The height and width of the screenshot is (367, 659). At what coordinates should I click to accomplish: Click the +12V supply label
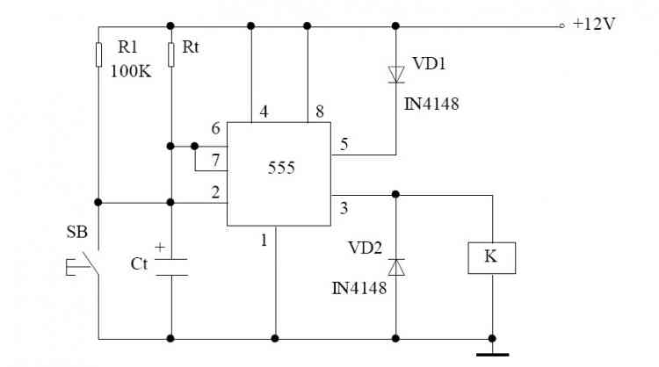tap(594, 24)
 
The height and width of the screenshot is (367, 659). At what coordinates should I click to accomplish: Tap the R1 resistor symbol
tap(98, 54)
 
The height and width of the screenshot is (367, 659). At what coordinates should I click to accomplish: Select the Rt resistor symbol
tap(171, 54)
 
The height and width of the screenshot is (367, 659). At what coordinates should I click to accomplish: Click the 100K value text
tap(131, 71)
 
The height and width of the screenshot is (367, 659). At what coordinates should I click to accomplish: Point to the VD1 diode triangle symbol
tap(396, 75)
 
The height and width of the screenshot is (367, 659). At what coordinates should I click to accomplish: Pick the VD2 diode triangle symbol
tap(396, 267)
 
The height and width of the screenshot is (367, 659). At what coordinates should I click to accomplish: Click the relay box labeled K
tap(492, 258)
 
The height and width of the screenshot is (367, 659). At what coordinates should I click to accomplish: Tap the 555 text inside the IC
tap(281, 168)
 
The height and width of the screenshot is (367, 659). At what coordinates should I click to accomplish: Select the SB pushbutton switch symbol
tap(84, 263)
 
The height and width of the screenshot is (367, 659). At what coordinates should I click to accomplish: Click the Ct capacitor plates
tap(171, 268)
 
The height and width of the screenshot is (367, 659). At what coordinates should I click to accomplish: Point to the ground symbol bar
tap(493, 355)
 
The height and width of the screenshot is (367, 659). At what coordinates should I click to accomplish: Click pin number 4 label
tap(264, 112)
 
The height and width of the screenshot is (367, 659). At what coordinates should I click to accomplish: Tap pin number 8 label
tap(320, 112)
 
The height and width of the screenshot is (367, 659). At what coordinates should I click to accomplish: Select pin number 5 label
tap(344, 145)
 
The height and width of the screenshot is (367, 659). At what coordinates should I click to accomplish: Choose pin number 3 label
tap(344, 208)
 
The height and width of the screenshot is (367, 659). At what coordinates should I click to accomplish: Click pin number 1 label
tap(264, 241)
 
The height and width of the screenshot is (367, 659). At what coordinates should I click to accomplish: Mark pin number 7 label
tap(215, 160)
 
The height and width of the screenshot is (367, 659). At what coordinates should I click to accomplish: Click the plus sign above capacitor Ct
tap(160, 248)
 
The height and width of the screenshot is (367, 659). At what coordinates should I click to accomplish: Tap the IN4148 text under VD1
tap(431, 104)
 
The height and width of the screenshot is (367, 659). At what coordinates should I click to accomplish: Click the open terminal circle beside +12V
tap(562, 26)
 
